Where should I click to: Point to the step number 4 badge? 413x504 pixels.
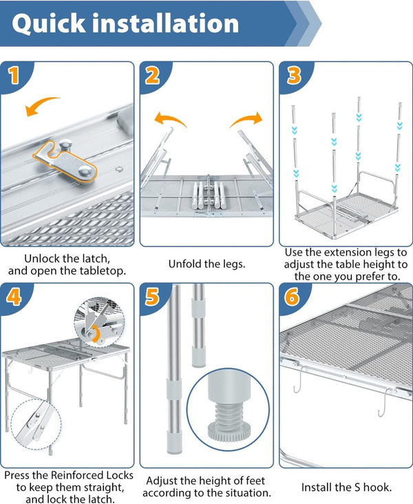coord(14,297)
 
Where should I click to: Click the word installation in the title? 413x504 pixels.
coord(173,23)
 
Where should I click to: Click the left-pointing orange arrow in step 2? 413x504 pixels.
coord(169,120)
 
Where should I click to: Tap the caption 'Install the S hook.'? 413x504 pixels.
coord(346,487)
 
